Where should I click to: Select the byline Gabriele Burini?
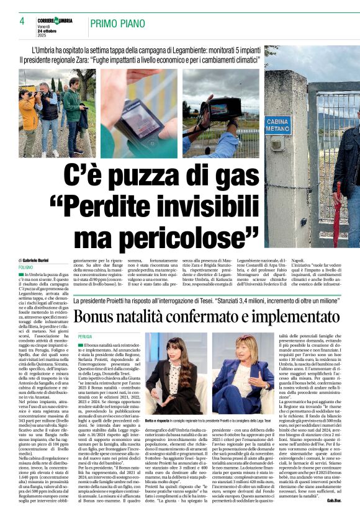[41, 260]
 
